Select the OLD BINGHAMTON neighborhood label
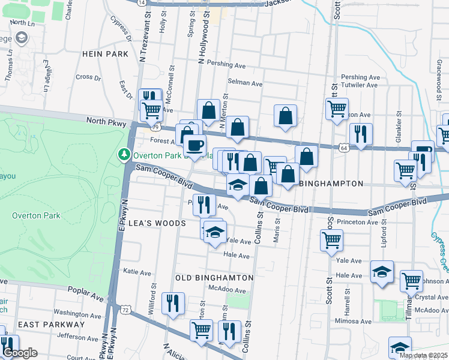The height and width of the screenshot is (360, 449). coord(214,278)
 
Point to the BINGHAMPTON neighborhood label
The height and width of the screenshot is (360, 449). coord(331,184)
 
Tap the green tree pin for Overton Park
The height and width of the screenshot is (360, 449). coord(124,155)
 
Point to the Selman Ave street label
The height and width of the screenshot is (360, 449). coord(245,83)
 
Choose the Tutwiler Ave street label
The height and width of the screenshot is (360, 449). coord(360,85)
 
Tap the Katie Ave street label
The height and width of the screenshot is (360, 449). coord(137,272)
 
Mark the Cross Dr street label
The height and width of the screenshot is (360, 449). coord(88,77)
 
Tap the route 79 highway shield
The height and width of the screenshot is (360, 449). coord(155,127)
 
